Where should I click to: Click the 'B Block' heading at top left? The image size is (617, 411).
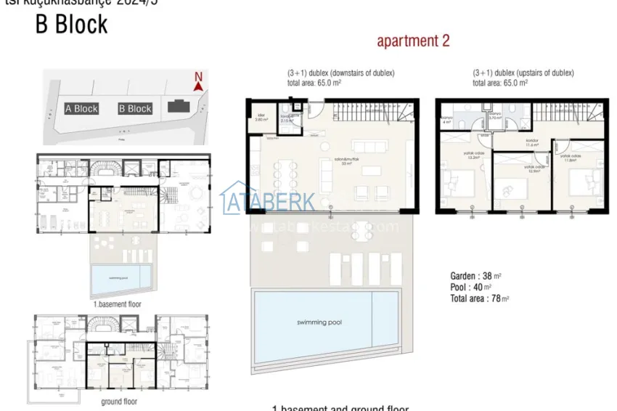72,25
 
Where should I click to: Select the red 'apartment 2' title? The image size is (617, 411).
413,41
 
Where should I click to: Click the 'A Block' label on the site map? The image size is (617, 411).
81,109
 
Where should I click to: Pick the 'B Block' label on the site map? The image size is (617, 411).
135,109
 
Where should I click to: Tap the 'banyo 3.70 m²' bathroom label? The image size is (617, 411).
496,115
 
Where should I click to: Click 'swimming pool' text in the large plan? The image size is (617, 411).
319,322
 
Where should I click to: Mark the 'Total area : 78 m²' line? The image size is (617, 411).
479,298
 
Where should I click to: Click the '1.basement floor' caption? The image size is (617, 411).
116,304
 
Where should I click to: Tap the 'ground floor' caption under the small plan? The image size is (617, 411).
120,401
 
